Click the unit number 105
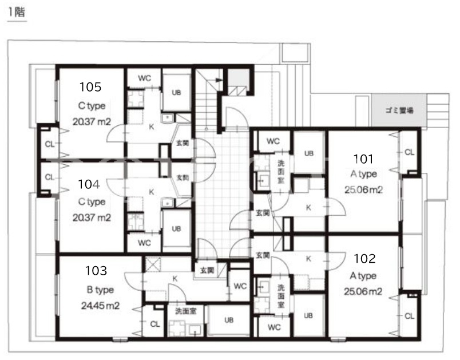(90, 87)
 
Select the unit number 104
(89, 184)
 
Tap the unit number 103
(96, 271)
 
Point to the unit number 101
(363, 159)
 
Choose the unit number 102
(364, 259)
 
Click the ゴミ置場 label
(399, 110)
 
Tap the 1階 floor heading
(17, 12)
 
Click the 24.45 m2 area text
(100, 306)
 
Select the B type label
(100, 290)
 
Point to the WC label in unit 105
(145, 78)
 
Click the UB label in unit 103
(229, 320)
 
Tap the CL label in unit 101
(409, 152)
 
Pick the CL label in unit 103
(155, 324)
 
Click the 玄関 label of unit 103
(207, 270)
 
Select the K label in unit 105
(152, 126)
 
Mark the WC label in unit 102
(274, 327)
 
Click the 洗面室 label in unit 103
(186, 311)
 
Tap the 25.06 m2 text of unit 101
(364, 190)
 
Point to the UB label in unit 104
(176, 228)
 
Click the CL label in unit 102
(409, 316)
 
